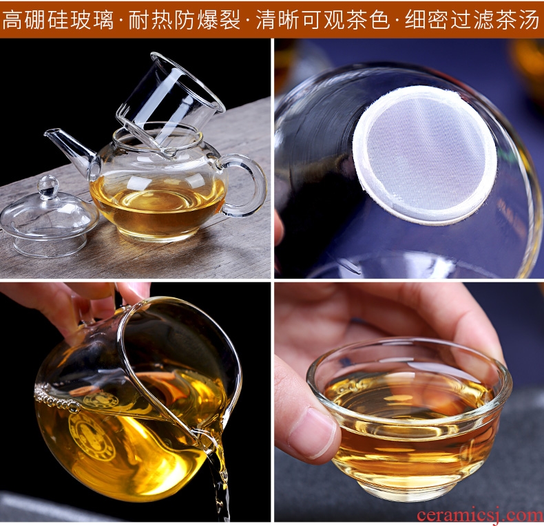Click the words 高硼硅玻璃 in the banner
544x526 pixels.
(58, 20)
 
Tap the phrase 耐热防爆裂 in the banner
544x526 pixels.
(185, 20)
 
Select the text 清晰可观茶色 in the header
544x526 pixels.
(323, 20)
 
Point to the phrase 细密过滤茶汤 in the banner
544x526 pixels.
(472, 20)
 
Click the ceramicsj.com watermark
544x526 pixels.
(480, 514)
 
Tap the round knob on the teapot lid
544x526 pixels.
(48, 186)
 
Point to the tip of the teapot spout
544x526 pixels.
(48, 132)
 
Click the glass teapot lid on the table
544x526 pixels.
(49, 218)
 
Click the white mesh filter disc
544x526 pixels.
(425, 154)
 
